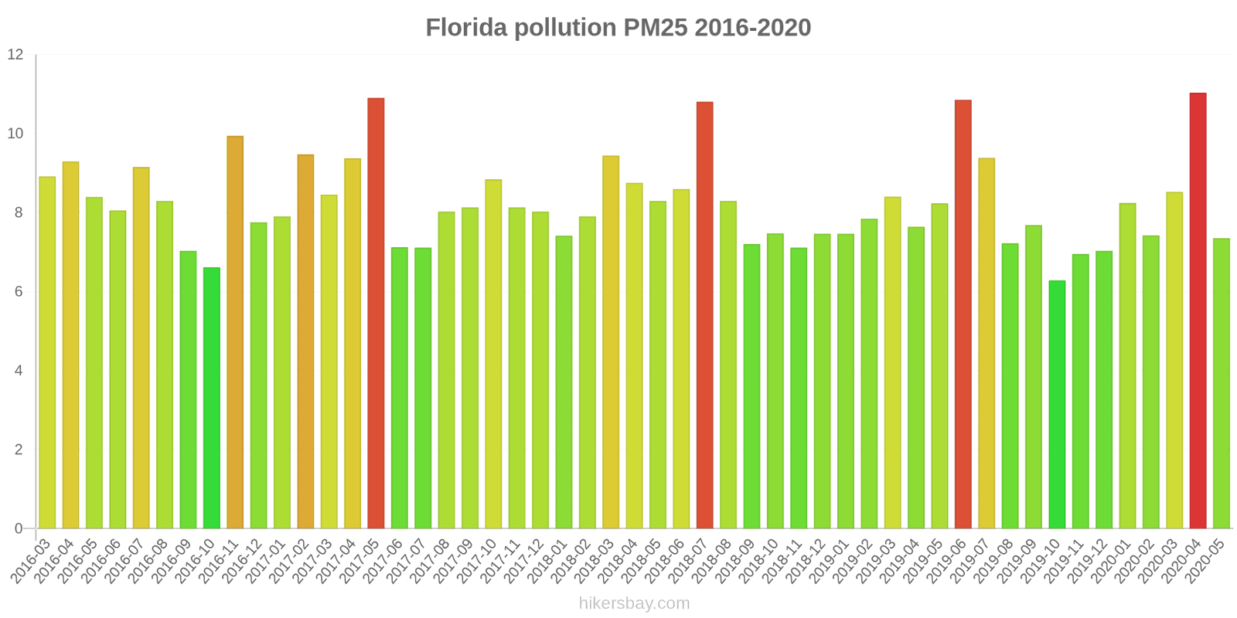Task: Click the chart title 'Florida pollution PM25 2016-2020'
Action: click(618, 28)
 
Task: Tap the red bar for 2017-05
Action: click(376, 313)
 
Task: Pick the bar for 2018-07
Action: click(704, 315)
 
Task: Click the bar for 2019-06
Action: click(963, 314)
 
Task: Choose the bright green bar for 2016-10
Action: click(212, 398)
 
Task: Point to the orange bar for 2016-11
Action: click(235, 332)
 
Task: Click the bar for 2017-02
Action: click(305, 341)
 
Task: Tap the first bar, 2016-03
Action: click(47, 352)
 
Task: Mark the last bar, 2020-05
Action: click(1221, 383)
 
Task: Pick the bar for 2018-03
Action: click(611, 342)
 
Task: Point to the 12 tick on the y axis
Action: click(15, 55)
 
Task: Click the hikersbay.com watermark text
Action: click(634, 603)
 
